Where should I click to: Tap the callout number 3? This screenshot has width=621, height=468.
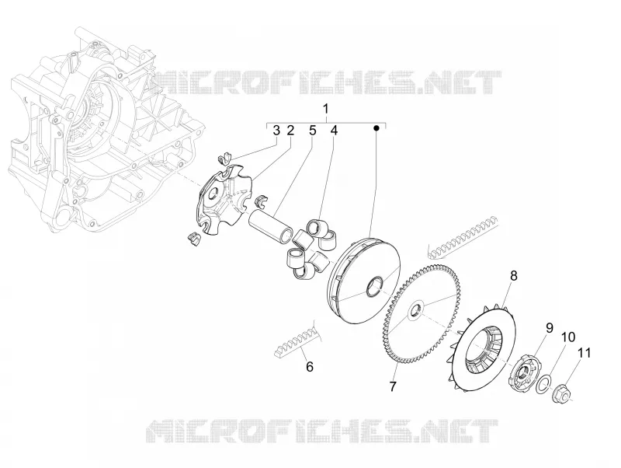coord(276,130)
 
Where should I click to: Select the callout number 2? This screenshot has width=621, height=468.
coord(290,130)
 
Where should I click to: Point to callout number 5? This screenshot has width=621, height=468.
coord(313,130)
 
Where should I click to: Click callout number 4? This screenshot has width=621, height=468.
coord(335,130)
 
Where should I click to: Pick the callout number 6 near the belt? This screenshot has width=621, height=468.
coord(310,366)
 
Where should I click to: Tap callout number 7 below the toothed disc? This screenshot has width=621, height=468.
coord(393,386)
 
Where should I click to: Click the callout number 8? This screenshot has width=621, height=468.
coord(514,276)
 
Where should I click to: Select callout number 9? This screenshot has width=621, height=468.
coord(550,327)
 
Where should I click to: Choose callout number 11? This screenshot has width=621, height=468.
coord(584,353)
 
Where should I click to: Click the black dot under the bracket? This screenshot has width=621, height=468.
coord(376,128)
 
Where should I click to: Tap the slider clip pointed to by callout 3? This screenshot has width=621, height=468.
coord(225,158)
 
